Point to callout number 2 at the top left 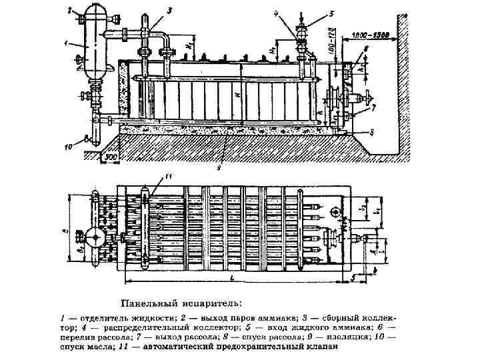click(x=70, y=10)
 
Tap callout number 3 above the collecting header click(x=169, y=11)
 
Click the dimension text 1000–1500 click(x=372, y=33)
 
